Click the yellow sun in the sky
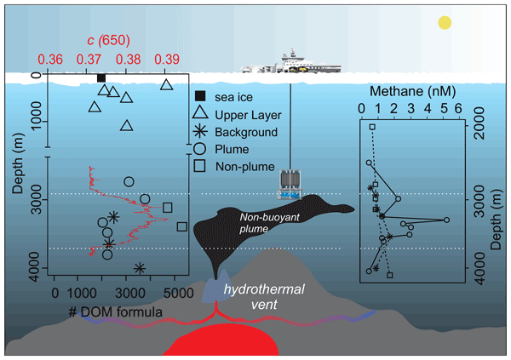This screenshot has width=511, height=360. (x=444, y=23)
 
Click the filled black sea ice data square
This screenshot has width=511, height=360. (x=101, y=78)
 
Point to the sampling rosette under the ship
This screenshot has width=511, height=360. (x=290, y=185)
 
